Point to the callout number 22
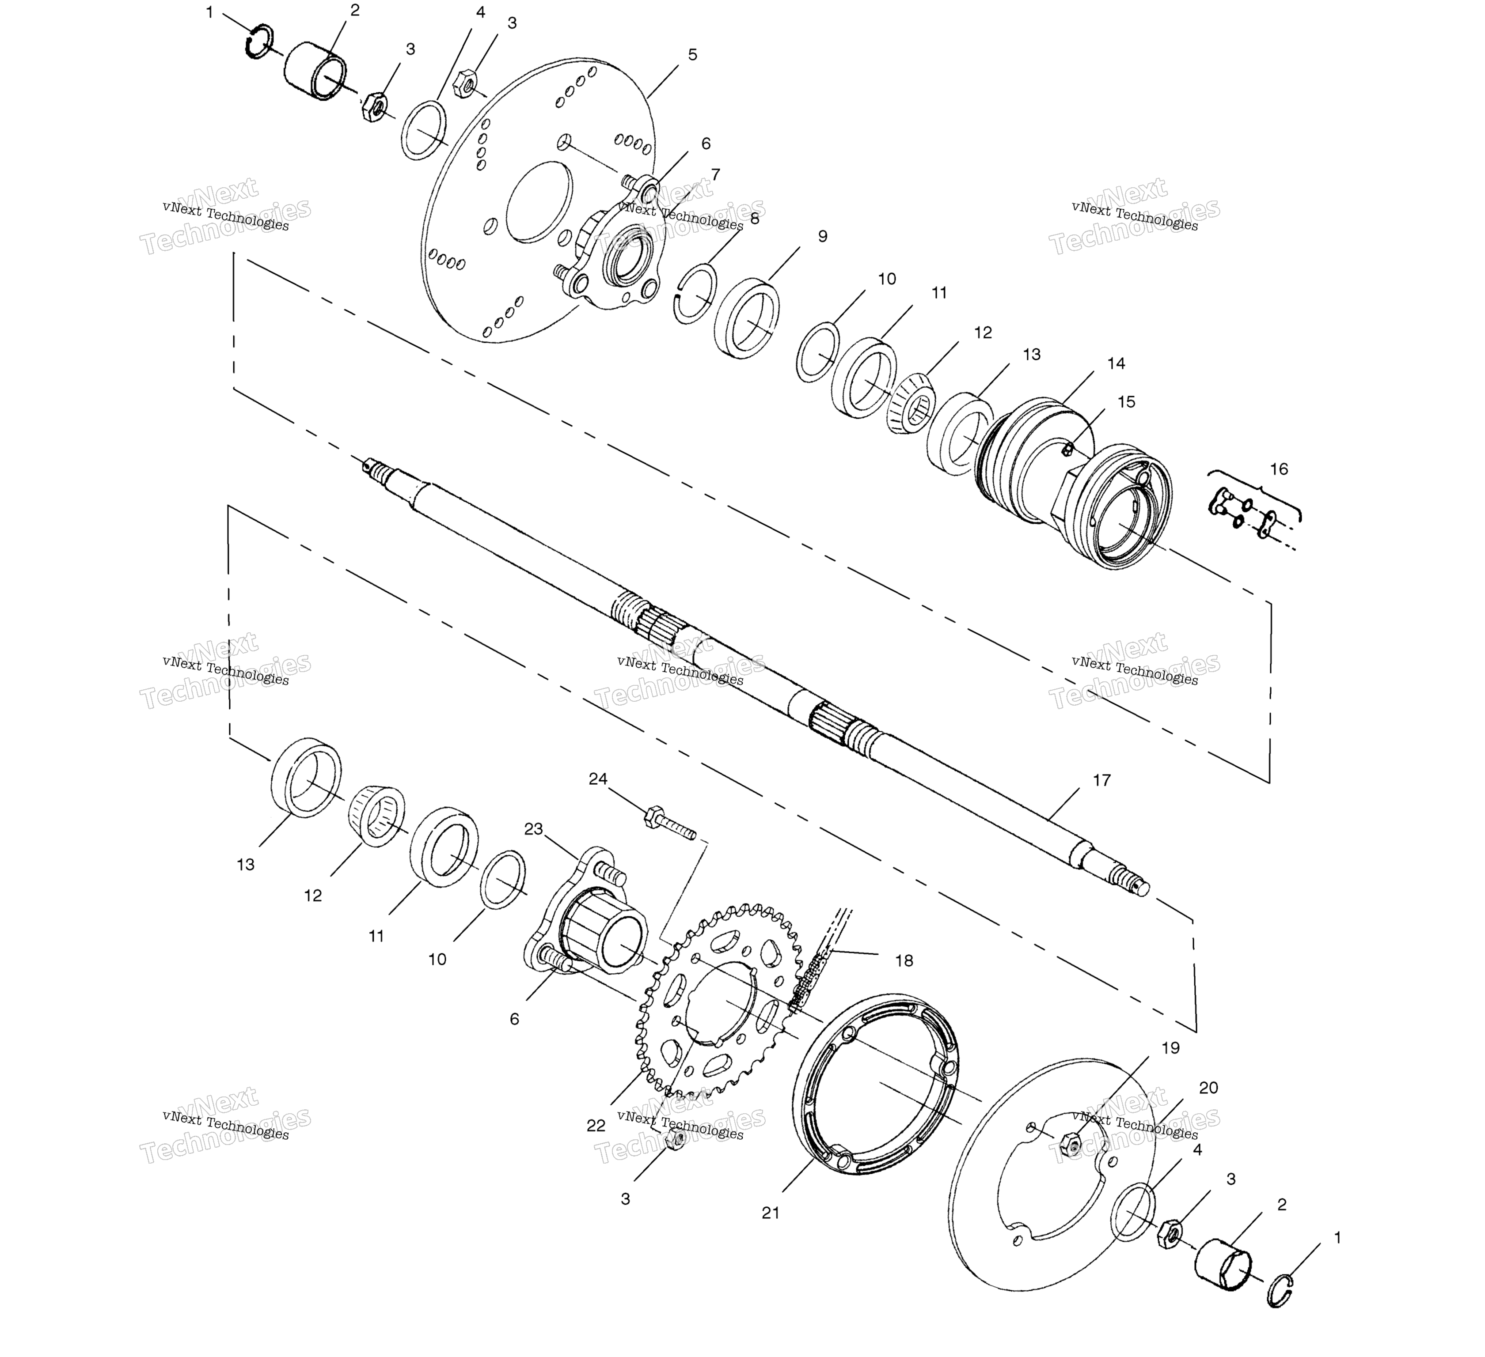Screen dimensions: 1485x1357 point(596,1126)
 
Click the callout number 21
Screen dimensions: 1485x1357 point(771,1213)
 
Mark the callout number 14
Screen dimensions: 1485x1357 point(1116,363)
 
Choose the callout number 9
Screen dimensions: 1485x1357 point(823,236)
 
